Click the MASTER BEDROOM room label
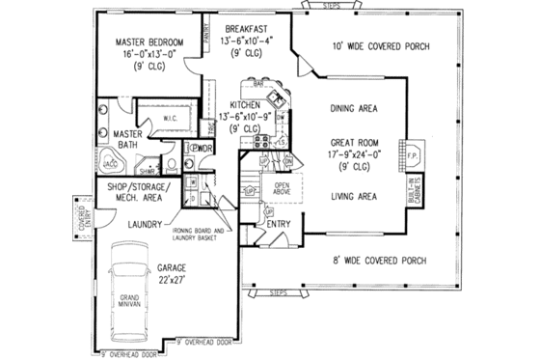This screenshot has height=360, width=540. coord(149,42)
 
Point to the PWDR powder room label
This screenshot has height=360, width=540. coord(202,148)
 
